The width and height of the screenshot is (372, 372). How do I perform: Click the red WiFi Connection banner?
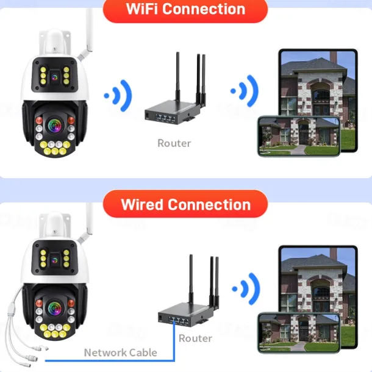tap(185, 10)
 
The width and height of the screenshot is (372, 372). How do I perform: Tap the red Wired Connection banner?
tap(185, 204)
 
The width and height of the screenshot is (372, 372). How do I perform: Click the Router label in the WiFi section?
tap(174, 143)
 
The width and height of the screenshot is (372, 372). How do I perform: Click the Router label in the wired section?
tap(195, 338)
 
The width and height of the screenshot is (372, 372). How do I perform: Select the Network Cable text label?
tap(120, 352)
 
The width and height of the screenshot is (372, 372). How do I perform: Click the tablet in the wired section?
tap(317, 281)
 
